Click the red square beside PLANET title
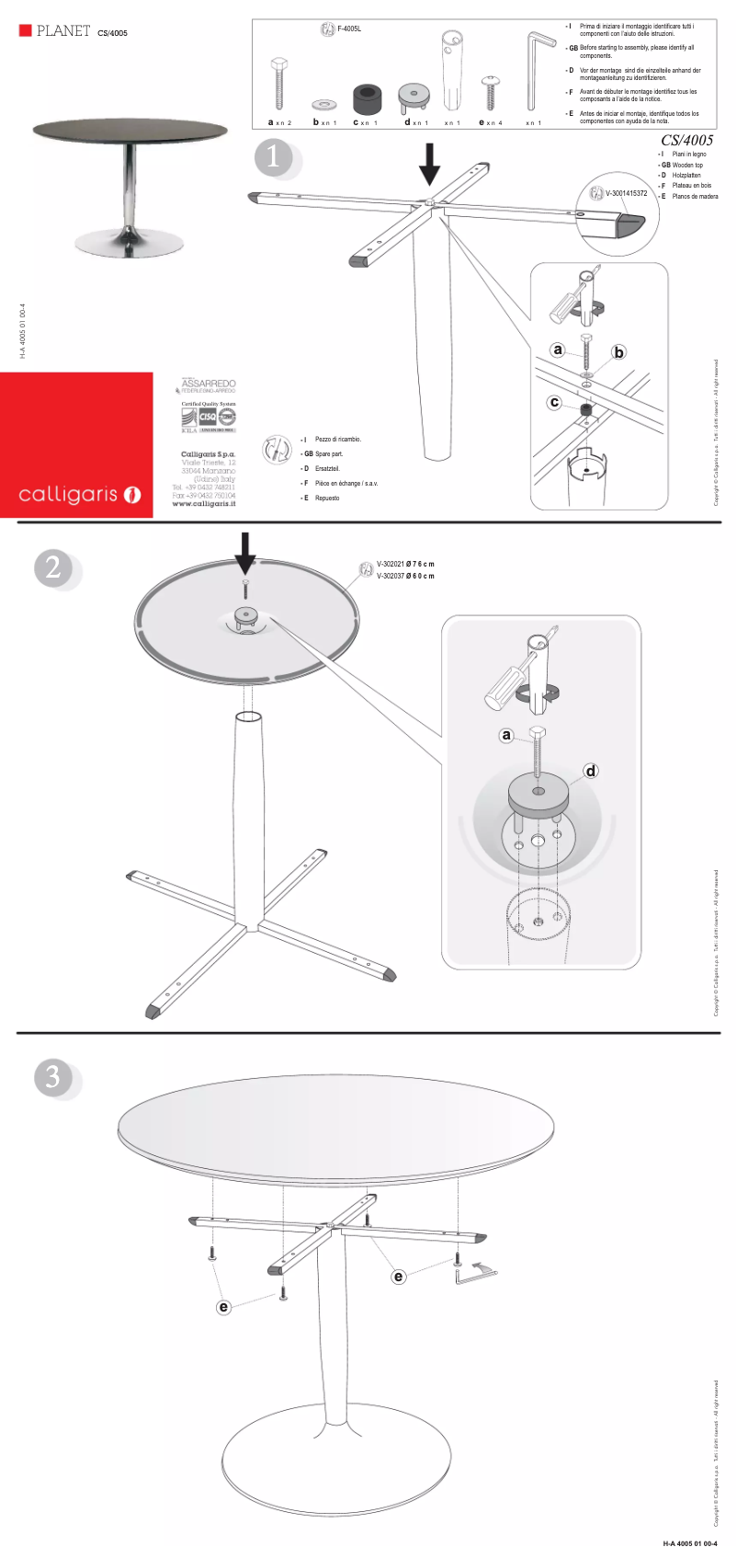pos(25,31)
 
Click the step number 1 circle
pos(273,157)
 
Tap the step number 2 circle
pos(53,567)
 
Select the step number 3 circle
pos(53,1076)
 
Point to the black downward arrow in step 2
pos(244,552)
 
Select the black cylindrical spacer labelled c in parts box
pos(367,96)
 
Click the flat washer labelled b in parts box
pos(324,102)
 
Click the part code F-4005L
pos(349,29)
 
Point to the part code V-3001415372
pos(626,194)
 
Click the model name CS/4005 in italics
pos(686,140)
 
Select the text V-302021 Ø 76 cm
pos(405,564)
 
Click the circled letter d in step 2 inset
pos(591,771)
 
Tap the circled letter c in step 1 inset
pos(554,403)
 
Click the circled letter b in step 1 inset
pos(618,352)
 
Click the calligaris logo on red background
pos(77,495)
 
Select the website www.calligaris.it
pos(204,504)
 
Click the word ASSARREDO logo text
pos(209,383)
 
